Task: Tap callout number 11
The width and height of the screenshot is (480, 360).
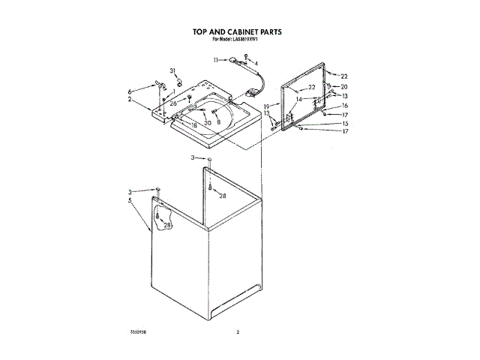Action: pyautogui.click(x=216, y=59)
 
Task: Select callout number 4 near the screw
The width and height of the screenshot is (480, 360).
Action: pyautogui.click(x=256, y=63)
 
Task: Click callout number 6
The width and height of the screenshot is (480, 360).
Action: pyautogui.click(x=129, y=91)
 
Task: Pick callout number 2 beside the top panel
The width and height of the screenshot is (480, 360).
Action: pyautogui.click(x=129, y=99)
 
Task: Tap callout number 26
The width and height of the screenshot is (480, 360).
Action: pyautogui.click(x=173, y=103)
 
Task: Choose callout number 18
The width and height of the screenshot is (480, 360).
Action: pyautogui.click(x=193, y=125)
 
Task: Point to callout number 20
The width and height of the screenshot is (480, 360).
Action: pyautogui.click(x=345, y=87)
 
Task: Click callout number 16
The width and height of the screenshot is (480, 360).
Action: pyautogui.click(x=345, y=106)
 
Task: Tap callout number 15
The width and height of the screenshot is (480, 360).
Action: pyautogui.click(x=345, y=123)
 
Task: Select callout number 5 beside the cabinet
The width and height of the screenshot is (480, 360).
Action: pyautogui.click(x=129, y=200)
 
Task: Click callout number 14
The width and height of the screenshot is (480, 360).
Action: pyautogui.click(x=298, y=99)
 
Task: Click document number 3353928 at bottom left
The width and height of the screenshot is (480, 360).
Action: pyautogui.click(x=140, y=331)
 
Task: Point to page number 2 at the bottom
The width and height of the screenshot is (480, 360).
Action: pyautogui.click(x=238, y=331)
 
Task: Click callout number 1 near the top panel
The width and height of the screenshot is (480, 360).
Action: pyautogui.click(x=173, y=91)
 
